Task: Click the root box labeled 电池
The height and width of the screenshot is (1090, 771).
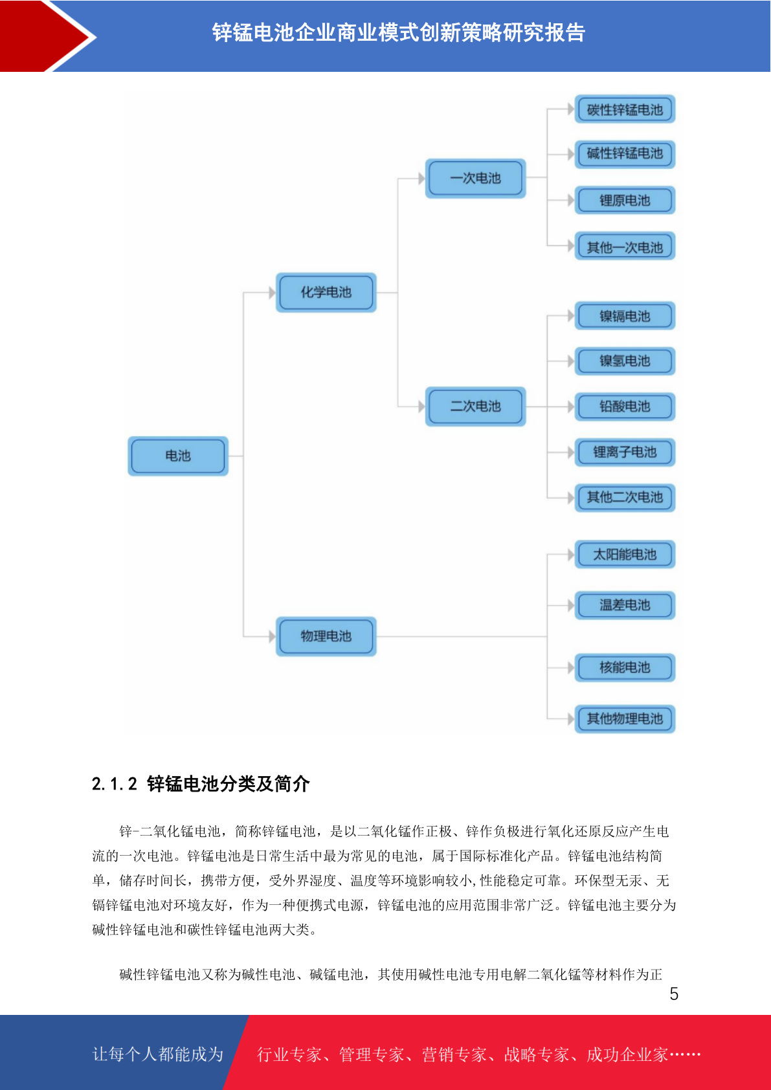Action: [177, 456]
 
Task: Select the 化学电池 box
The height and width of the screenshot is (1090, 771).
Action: [326, 293]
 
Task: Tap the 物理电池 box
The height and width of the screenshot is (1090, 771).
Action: [326, 636]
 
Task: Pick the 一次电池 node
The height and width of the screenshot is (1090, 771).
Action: [475, 178]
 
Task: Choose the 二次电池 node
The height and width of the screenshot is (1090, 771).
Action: [475, 406]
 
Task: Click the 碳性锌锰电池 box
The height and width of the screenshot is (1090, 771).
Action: [625, 109]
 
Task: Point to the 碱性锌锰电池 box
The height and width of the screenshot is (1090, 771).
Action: [625, 154]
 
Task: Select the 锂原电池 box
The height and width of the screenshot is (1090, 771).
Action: [625, 200]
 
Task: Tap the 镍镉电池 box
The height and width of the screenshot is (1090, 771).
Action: [625, 316]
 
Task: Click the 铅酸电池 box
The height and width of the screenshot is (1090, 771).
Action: [625, 406]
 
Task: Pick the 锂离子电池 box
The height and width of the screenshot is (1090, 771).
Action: [625, 452]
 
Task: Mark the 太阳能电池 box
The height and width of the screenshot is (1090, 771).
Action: [625, 554]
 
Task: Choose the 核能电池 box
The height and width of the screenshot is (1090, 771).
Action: [625, 667]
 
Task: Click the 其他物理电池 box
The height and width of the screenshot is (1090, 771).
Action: [625, 718]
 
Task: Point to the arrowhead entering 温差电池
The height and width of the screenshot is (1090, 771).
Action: [571, 605]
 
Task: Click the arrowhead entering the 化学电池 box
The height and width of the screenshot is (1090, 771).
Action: [272, 293]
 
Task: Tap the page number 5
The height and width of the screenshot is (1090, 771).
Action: [674, 994]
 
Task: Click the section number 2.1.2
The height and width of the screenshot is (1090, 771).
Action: [115, 784]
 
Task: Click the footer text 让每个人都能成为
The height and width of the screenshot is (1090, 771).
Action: [158, 1054]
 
